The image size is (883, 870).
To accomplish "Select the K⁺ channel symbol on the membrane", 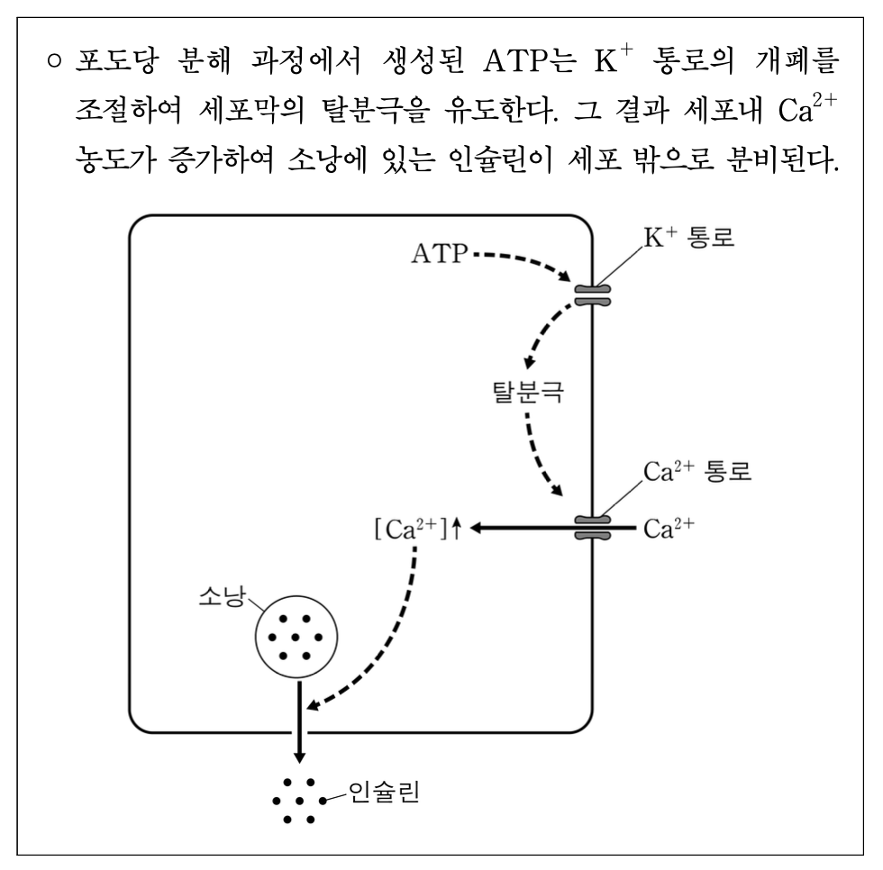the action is click(592, 295).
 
